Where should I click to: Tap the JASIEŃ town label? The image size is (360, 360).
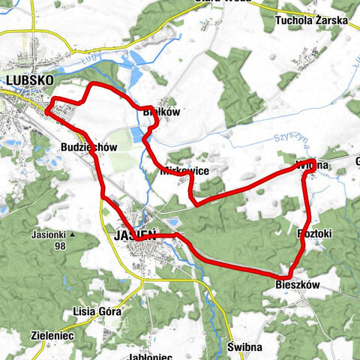[x=135, y=235]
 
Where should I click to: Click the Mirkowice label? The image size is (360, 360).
[x=184, y=171]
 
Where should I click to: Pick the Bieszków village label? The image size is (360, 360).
[x=298, y=286]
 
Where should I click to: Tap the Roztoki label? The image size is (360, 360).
[x=314, y=234]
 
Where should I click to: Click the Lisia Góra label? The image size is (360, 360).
[x=94, y=311]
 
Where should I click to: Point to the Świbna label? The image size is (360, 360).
[x=244, y=348]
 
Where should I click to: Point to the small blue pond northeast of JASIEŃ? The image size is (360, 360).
[x=172, y=223]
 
